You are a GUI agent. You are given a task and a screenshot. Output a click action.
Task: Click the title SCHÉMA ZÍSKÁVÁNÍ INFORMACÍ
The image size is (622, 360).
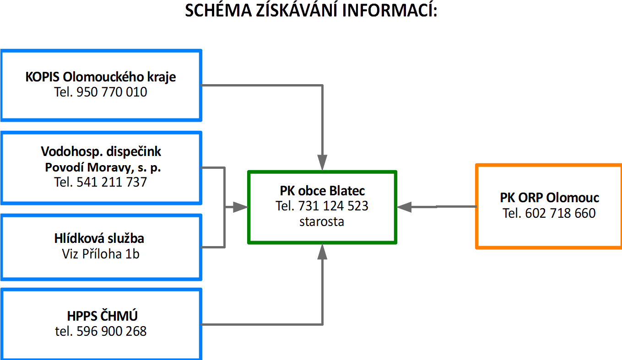click(x=311, y=11)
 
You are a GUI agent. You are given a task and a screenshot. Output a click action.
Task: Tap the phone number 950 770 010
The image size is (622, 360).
click(x=112, y=92)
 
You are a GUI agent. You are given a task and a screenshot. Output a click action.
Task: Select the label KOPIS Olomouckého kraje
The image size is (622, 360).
click(x=101, y=77)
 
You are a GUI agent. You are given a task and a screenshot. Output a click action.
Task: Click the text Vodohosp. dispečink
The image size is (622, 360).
click(x=101, y=152)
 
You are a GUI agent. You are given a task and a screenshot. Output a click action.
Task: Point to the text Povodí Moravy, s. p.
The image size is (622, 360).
click(x=103, y=167)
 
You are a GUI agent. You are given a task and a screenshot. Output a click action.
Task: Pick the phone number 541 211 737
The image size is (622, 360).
click(x=112, y=183)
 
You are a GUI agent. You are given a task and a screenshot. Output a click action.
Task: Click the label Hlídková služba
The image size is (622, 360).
click(x=99, y=238)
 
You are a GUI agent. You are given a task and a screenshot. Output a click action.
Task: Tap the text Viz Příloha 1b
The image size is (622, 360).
click(x=101, y=254)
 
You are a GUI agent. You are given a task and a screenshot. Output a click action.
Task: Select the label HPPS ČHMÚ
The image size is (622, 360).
click(x=102, y=316)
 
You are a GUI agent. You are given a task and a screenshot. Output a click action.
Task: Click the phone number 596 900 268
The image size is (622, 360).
click(x=112, y=331)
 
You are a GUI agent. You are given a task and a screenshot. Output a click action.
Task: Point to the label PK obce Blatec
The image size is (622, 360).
click(x=322, y=191)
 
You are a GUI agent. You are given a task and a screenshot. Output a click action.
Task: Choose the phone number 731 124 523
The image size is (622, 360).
click(x=333, y=206)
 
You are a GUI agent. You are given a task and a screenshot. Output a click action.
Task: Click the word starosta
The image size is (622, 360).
click(x=322, y=222)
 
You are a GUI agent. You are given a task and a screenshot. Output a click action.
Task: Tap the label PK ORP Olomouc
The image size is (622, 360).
click(x=549, y=198)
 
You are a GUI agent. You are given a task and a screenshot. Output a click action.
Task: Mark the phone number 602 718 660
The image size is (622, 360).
click(x=560, y=213)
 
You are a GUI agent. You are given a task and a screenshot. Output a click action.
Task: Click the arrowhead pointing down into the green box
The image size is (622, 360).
click(x=322, y=162)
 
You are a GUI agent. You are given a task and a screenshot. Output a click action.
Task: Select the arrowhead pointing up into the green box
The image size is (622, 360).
click(x=322, y=252)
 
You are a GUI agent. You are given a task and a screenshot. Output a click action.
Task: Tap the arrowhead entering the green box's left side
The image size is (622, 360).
click(x=240, y=207)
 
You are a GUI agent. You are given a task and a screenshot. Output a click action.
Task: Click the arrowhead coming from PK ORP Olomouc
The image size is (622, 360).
click(x=404, y=207)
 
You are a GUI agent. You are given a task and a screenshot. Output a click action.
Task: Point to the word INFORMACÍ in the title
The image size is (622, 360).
click(x=389, y=11)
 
